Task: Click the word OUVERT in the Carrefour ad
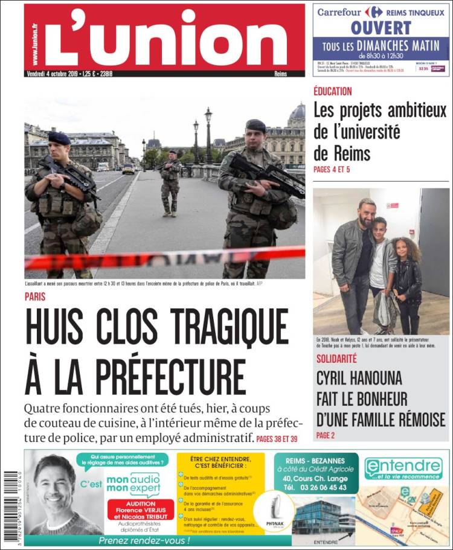tap(381, 28)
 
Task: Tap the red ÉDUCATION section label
tap(332, 91)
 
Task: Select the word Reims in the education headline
tap(342, 152)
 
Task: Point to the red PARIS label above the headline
tap(35, 296)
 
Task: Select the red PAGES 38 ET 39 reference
tap(277, 438)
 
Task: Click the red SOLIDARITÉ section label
tap(336, 359)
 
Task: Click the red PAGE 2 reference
tap(325, 435)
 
